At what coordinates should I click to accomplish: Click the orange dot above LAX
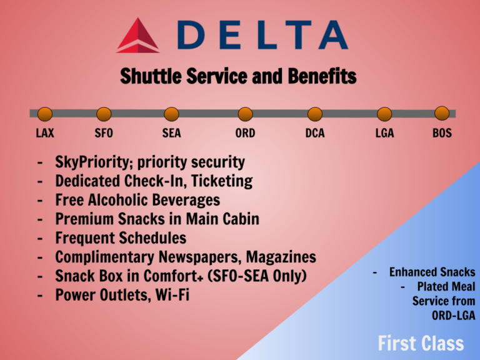[45, 114]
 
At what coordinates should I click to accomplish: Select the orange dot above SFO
[104, 114]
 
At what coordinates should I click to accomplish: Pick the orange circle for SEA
[171, 114]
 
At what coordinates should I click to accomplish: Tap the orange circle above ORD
[244, 114]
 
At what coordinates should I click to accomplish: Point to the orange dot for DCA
[315, 114]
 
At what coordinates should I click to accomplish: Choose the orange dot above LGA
[384, 114]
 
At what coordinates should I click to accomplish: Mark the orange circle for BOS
[442, 113]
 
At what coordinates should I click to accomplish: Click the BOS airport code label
[442, 133]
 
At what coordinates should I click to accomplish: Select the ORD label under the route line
[244, 133]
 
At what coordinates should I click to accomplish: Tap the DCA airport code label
[315, 133]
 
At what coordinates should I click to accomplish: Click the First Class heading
[421, 343]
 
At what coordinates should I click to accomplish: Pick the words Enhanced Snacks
[432, 272]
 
